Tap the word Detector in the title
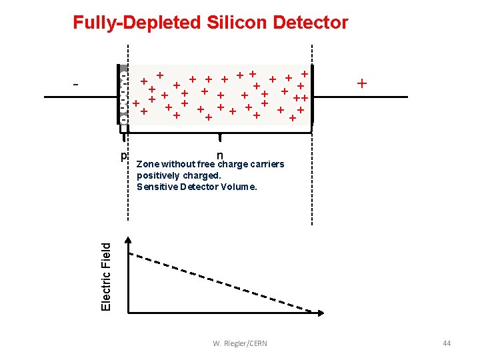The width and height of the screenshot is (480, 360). [x=310, y=23]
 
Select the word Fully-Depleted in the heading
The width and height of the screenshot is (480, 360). [x=137, y=23]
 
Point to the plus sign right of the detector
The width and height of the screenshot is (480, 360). [x=362, y=84]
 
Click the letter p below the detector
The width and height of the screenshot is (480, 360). [x=123, y=157]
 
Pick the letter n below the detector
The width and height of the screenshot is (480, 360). [x=219, y=156]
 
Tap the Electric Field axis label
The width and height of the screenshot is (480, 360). [x=106, y=275]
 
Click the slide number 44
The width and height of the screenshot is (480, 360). [x=447, y=343]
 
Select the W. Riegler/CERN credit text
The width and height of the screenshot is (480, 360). [x=240, y=343]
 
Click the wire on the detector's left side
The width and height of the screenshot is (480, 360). [x=80, y=97]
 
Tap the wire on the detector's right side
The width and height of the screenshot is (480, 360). [x=360, y=97]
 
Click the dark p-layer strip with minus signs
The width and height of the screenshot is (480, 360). [x=123, y=95]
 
